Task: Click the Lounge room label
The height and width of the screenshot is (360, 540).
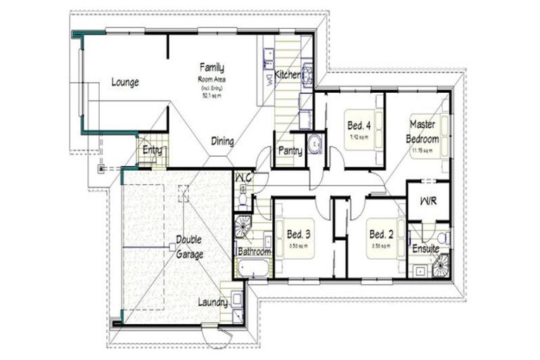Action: tap(125, 82)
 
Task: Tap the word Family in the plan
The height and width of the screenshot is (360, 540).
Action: tap(212, 68)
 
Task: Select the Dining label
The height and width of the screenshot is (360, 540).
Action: tap(222, 142)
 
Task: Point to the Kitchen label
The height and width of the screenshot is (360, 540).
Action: tap(288, 75)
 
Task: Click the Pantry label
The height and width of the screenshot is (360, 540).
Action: tap(290, 150)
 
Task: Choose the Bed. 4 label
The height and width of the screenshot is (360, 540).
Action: tap(359, 125)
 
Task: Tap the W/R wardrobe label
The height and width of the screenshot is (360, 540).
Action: tap(427, 201)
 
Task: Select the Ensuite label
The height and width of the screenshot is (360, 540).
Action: tap(425, 249)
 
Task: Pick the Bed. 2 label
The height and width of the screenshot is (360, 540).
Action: tap(380, 234)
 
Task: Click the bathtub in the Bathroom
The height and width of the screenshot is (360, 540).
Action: tap(251, 268)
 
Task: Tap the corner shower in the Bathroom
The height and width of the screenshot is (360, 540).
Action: tap(243, 227)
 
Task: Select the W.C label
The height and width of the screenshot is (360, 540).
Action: tap(243, 176)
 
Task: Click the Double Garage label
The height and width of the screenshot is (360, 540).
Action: tap(189, 247)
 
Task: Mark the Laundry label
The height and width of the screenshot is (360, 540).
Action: tap(212, 303)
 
